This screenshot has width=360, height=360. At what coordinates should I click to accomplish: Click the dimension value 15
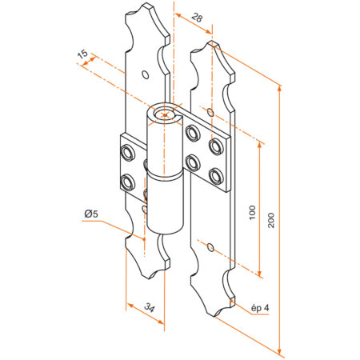[x=82, y=55]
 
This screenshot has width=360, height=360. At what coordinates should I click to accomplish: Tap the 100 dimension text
[x=252, y=213]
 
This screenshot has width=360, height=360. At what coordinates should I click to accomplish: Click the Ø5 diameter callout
[x=90, y=214]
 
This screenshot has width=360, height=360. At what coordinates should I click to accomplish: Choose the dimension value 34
[x=149, y=307]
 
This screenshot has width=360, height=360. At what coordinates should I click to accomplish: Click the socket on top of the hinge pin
[x=165, y=114]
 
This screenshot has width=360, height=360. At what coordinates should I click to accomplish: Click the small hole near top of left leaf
[x=145, y=74]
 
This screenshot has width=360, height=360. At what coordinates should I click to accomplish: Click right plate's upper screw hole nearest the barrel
[x=192, y=131]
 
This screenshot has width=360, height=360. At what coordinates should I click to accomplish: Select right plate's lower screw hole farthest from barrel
[x=214, y=174]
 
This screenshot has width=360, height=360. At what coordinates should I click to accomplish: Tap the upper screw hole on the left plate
[x=126, y=150]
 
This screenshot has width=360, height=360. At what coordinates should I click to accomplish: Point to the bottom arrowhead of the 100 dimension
[x=260, y=274]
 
